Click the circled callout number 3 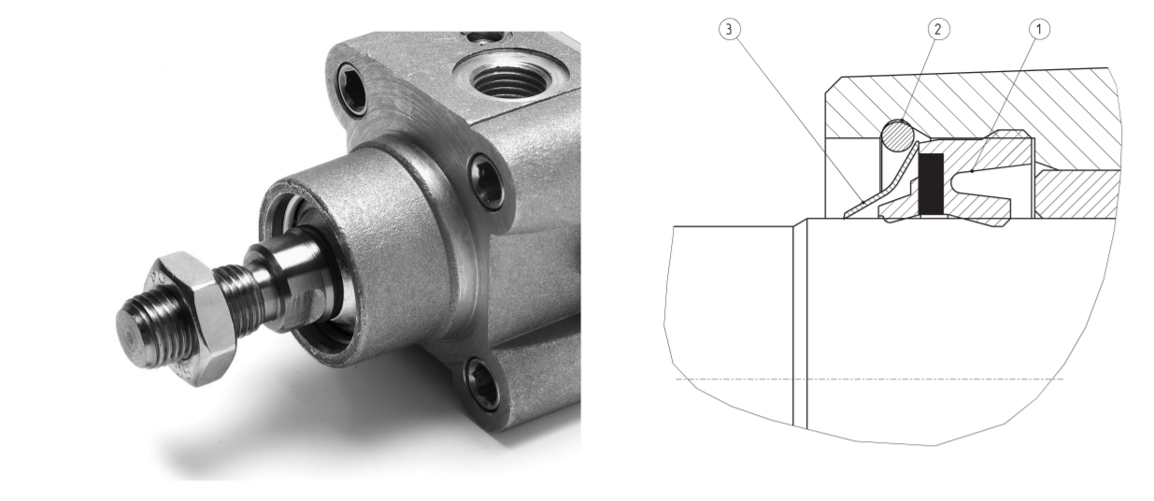click(x=729, y=29)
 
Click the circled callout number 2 click(x=938, y=29)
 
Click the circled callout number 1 click(x=1039, y=29)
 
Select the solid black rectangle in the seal click(x=931, y=184)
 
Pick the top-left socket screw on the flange click(x=352, y=89)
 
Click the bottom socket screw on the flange click(x=483, y=383)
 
